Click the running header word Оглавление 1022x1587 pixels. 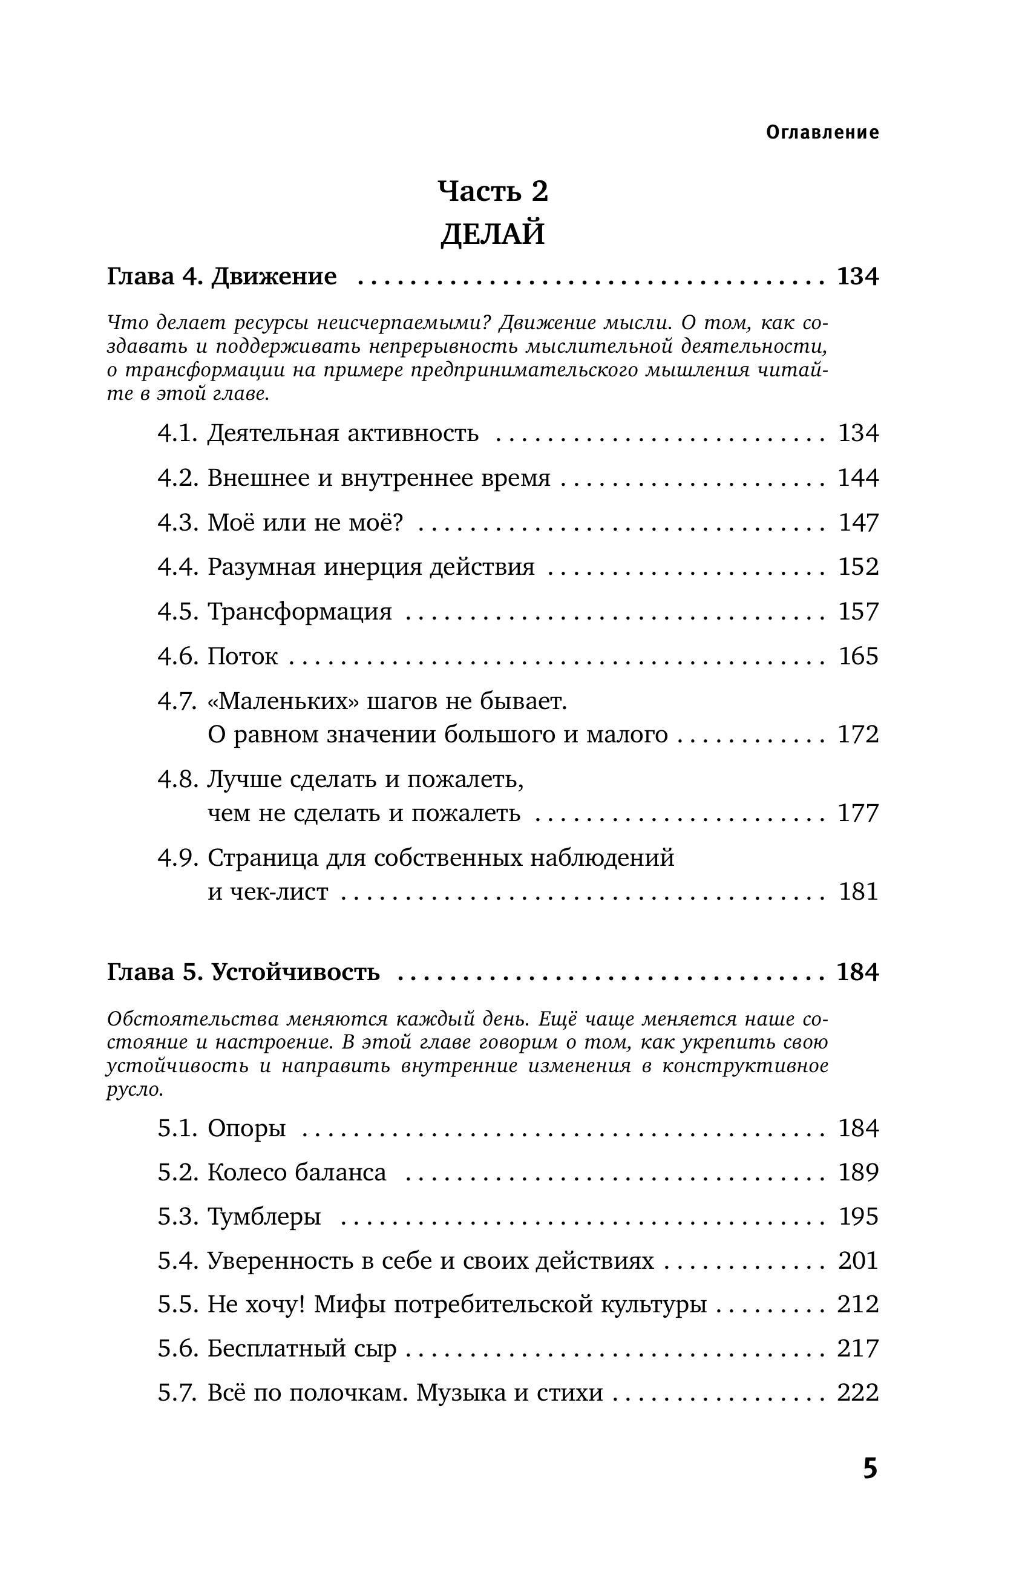click(822, 133)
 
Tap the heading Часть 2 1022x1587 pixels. click(493, 191)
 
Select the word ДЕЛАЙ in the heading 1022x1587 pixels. click(493, 234)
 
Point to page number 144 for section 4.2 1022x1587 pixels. click(858, 478)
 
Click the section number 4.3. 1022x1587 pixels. click(178, 523)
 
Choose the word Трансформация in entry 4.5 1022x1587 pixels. click(300, 612)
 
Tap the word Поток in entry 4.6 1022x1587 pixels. click(243, 656)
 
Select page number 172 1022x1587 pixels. click(858, 735)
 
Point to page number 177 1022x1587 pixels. click(858, 813)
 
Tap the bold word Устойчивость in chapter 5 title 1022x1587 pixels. click(296, 972)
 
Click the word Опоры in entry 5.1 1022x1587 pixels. click(247, 1128)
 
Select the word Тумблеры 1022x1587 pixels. click(264, 1217)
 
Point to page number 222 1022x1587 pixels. click(858, 1393)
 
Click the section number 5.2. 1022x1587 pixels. click(178, 1173)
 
